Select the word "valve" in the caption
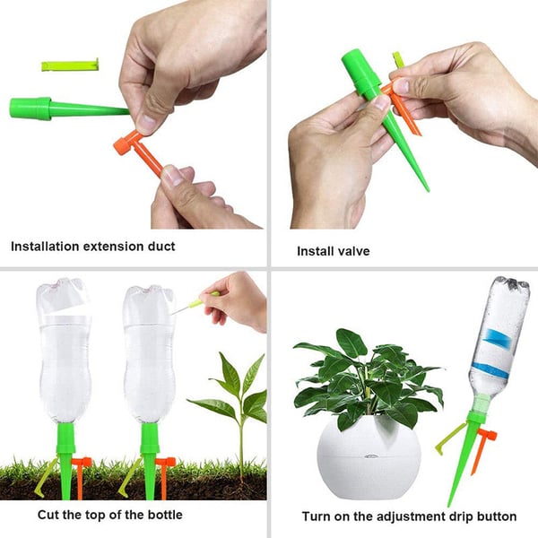351,251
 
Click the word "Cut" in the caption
49,515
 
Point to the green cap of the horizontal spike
29,108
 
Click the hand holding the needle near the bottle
239,299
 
